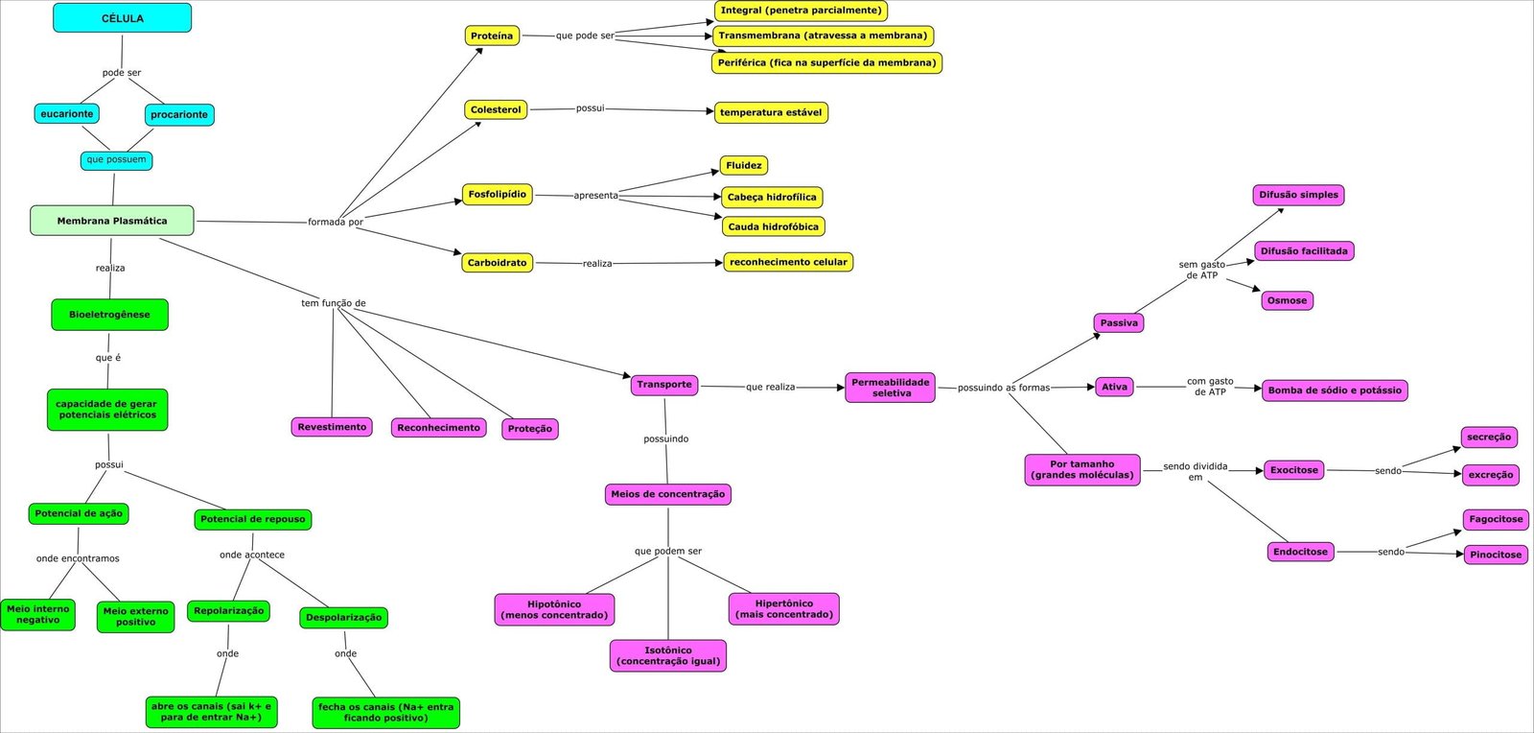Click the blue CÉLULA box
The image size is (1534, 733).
[122, 18]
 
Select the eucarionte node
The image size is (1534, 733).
[67, 114]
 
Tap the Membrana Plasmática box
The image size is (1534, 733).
[112, 221]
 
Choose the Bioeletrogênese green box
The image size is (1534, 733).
[109, 315]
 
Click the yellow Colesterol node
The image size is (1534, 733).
[496, 110]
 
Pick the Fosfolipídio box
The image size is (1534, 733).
[497, 195]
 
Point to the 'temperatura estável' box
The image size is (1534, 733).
[771, 112]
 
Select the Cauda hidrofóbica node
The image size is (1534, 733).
[773, 226]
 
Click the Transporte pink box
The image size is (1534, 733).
[663, 385]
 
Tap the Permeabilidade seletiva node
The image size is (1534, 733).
[891, 388]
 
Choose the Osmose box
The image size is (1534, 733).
[1287, 300]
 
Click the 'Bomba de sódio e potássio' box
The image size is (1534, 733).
[1335, 390]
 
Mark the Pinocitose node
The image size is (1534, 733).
[1496, 555]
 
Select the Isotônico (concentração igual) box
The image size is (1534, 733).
[668, 656]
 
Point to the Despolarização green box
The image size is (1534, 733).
[343, 618]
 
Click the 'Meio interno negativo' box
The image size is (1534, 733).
[38, 615]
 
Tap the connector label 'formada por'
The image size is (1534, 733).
[336, 222]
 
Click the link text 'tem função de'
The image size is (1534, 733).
[334, 303]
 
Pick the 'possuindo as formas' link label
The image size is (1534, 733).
[1004, 388]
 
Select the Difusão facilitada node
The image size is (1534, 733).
[1304, 251]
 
